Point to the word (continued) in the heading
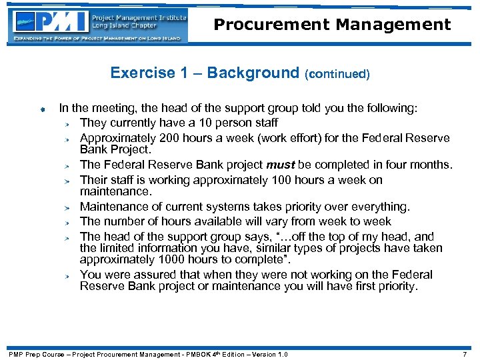pyautogui.click(x=337, y=74)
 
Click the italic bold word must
pyautogui.click(x=280, y=165)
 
